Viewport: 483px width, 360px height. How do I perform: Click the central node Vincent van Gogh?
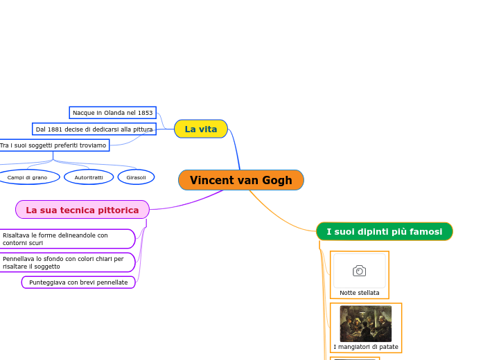[x=240, y=180]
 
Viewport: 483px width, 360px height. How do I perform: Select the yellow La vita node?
[x=200, y=129]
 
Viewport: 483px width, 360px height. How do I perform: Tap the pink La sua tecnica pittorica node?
[x=82, y=210]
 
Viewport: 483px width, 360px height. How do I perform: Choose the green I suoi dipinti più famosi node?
[x=384, y=231]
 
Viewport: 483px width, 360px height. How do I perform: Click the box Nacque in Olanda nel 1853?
[x=112, y=112]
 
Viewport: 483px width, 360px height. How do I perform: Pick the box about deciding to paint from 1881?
[x=94, y=129]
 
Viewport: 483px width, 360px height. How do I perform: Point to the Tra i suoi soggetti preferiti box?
[x=54, y=145]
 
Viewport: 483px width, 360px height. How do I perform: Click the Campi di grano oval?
[x=28, y=177]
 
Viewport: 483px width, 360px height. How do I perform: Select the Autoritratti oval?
[x=89, y=177]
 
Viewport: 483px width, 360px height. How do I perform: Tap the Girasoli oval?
[x=136, y=177]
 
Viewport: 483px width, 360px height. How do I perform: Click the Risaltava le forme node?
[x=67, y=239]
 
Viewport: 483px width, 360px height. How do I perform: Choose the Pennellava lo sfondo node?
[x=67, y=262]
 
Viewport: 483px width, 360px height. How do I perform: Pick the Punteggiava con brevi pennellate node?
[x=78, y=282]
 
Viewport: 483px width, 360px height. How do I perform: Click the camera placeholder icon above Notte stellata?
[x=359, y=271]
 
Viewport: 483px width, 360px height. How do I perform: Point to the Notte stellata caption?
[x=359, y=293]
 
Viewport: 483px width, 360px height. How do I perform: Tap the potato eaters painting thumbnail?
[x=365, y=323]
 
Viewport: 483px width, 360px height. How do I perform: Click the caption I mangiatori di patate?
[x=365, y=346]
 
